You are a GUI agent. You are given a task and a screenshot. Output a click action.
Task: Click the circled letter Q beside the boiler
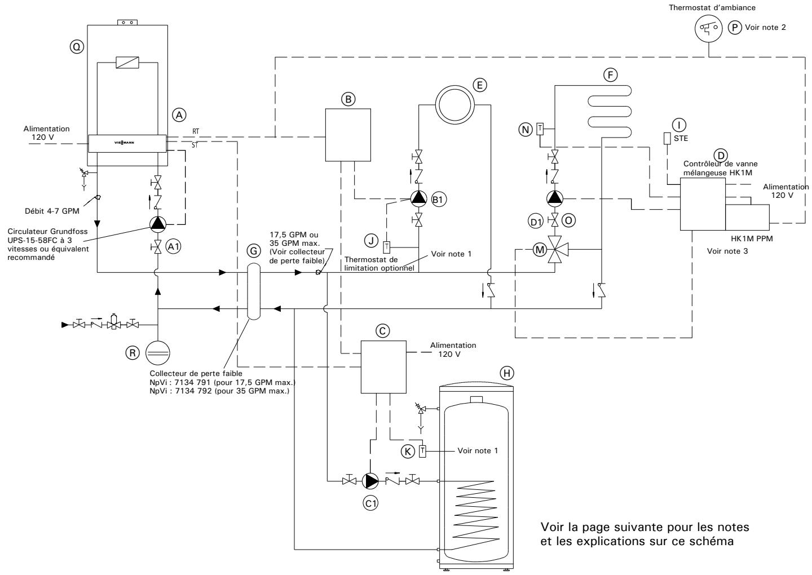pyautogui.click(x=74, y=48)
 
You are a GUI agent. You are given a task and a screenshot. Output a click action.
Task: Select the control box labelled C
pyautogui.click(x=383, y=366)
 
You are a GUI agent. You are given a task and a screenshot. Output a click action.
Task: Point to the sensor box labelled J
pyautogui.click(x=387, y=247)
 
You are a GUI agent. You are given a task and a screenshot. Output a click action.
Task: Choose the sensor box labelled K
pyautogui.click(x=422, y=451)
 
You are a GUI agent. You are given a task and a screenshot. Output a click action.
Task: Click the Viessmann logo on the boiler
pyautogui.click(x=127, y=143)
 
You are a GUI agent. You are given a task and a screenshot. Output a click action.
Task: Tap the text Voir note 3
pyautogui.click(x=727, y=251)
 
